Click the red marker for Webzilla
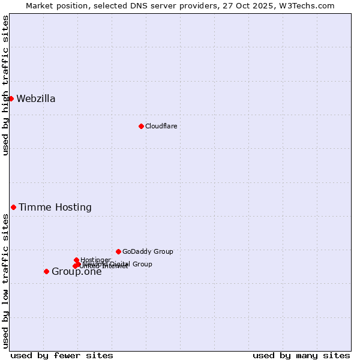point(11,98)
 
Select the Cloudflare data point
point(141,126)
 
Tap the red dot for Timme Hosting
point(13,207)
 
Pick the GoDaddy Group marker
point(118,251)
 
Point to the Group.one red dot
point(46,271)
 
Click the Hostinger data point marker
point(76,260)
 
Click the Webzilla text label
point(36,99)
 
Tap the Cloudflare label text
point(161,126)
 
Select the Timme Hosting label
point(55,208)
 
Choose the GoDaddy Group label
point(148,251)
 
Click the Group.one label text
point(77,272)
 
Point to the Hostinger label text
point(95,260)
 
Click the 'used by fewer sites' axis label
point(62,355)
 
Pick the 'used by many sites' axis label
point(301,355)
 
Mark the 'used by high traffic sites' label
point(6,85)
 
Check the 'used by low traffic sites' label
point(6,281)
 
